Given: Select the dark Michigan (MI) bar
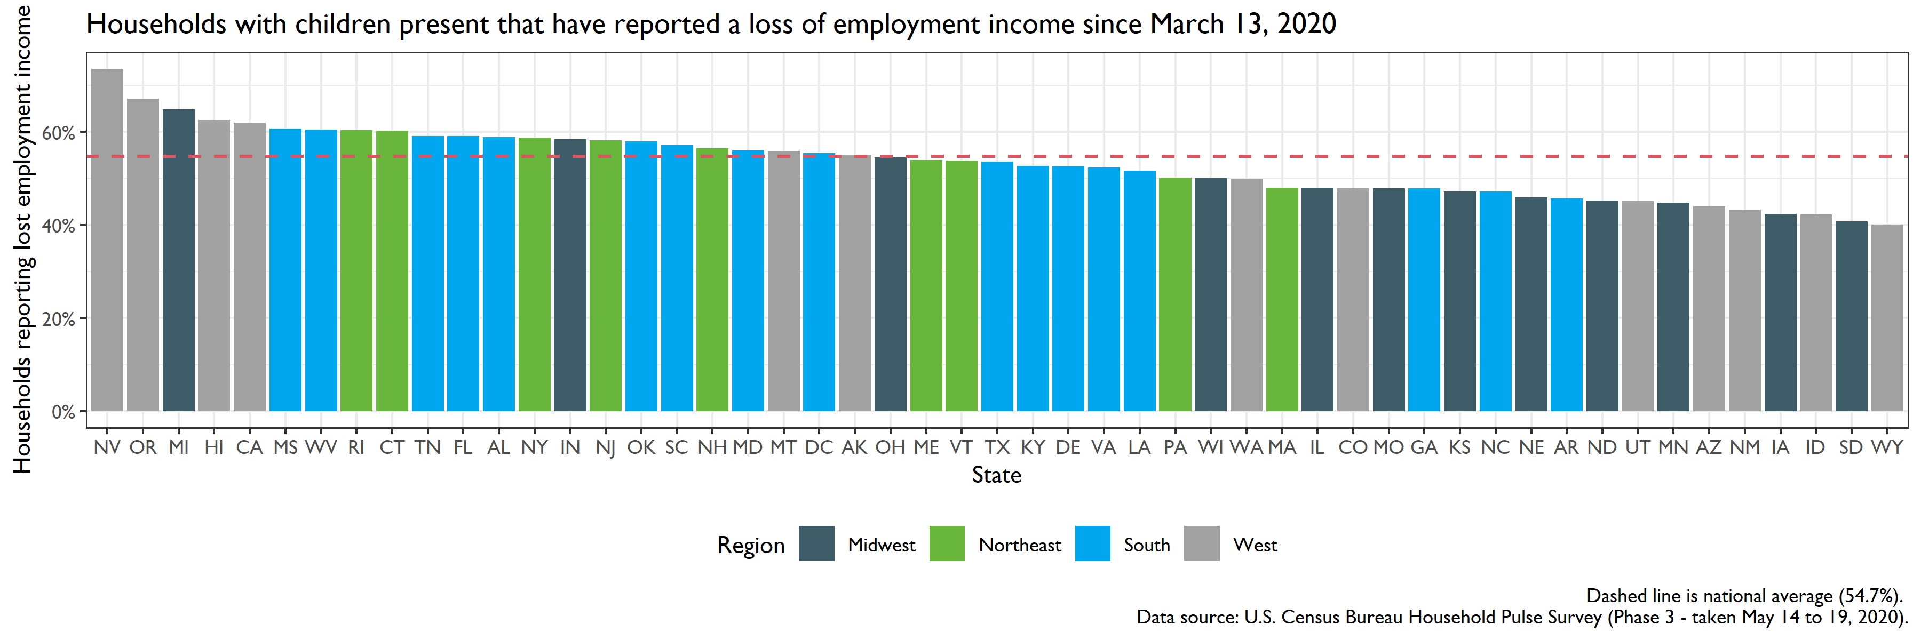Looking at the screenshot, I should click(x=179, y=260).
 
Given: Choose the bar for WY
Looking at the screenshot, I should click(x=1887, y=317).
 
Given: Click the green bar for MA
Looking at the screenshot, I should click(x=1282, y=299).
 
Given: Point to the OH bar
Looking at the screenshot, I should click(x=891, y=284).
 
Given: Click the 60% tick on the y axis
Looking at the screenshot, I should click(x=59, y=133).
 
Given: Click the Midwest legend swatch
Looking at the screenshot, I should click(x=816, y=544).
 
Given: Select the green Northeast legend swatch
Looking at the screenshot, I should click(x=947, y=544).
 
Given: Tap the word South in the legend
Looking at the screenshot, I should click(x=1146, y=546).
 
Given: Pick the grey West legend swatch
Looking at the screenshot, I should click(x=1201, y=544).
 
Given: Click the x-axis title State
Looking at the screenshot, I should click(x=996, y=475).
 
